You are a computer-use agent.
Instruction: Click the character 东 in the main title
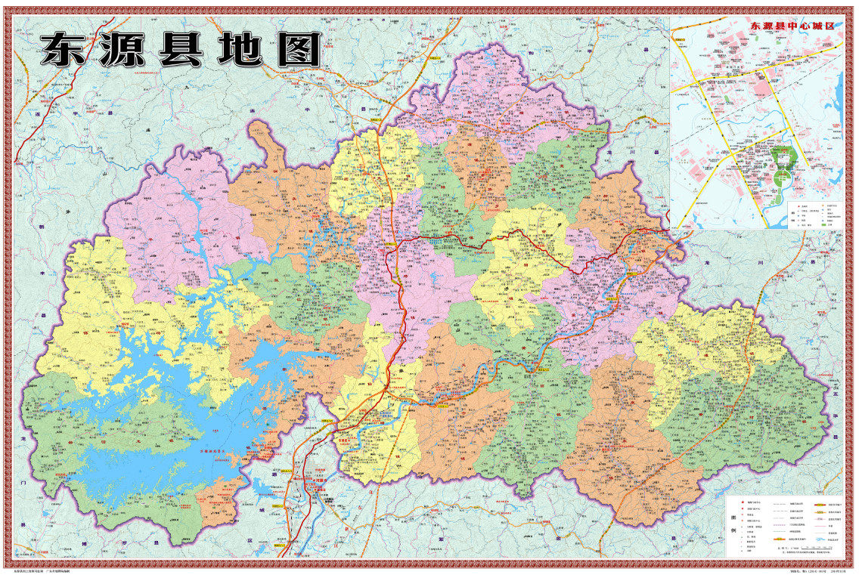click(x=65, y=51)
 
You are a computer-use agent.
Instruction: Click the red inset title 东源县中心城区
click(x=792, y=25)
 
